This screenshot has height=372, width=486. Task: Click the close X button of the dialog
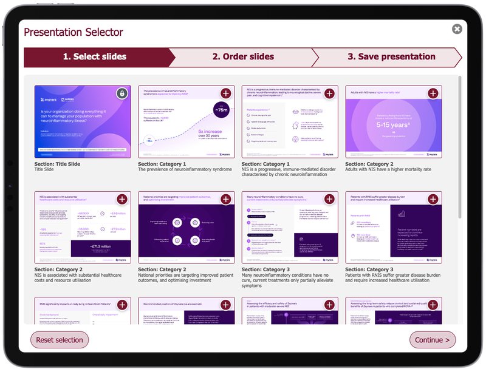pos(457,29)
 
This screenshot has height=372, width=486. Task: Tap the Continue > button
pos(432,340)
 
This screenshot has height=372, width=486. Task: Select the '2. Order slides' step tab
pos(243,57)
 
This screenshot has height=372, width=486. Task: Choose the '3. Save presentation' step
pos(391,57)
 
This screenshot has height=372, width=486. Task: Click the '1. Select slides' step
pos(95,57)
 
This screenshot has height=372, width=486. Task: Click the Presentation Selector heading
pos(73,32)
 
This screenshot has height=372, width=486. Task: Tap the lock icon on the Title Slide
pos(122,93)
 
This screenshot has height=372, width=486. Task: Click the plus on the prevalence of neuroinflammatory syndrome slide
pos(225,93)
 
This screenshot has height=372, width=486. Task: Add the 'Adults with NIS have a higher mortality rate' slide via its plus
pos(433,93)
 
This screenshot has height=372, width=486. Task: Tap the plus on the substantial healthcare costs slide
pos(122,200)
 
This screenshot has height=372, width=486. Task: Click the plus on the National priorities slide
pos(225,200)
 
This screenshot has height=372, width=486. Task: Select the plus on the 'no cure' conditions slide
pos(329,200)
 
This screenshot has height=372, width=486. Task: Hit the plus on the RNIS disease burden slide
pos(433,200)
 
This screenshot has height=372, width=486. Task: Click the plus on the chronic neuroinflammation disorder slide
pos(329,93)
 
